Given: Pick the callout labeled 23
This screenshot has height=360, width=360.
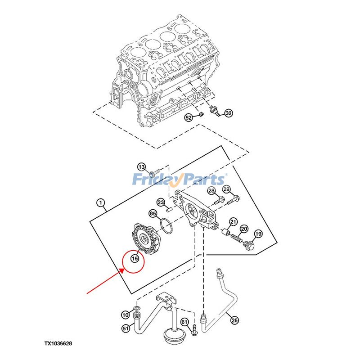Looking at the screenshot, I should (x=161, y=202).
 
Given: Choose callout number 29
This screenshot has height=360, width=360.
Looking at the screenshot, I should (x=226, y=189).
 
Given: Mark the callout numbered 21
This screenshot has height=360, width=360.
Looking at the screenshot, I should (x=233, y=221).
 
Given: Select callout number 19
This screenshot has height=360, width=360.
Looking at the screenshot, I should (x=258, y=234).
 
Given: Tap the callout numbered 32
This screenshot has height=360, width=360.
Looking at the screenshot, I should (x=229, y=113).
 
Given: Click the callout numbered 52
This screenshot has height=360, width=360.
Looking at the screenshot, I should (x=189, y=117).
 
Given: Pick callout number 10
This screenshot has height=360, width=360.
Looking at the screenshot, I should (x=126, y=314).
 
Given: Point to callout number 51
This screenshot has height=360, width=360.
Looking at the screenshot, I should (x=126, y=328).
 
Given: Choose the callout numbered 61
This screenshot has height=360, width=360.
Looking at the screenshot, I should (x=184, y=322).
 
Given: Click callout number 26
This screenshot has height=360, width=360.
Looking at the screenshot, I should (x=234, y=320).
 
